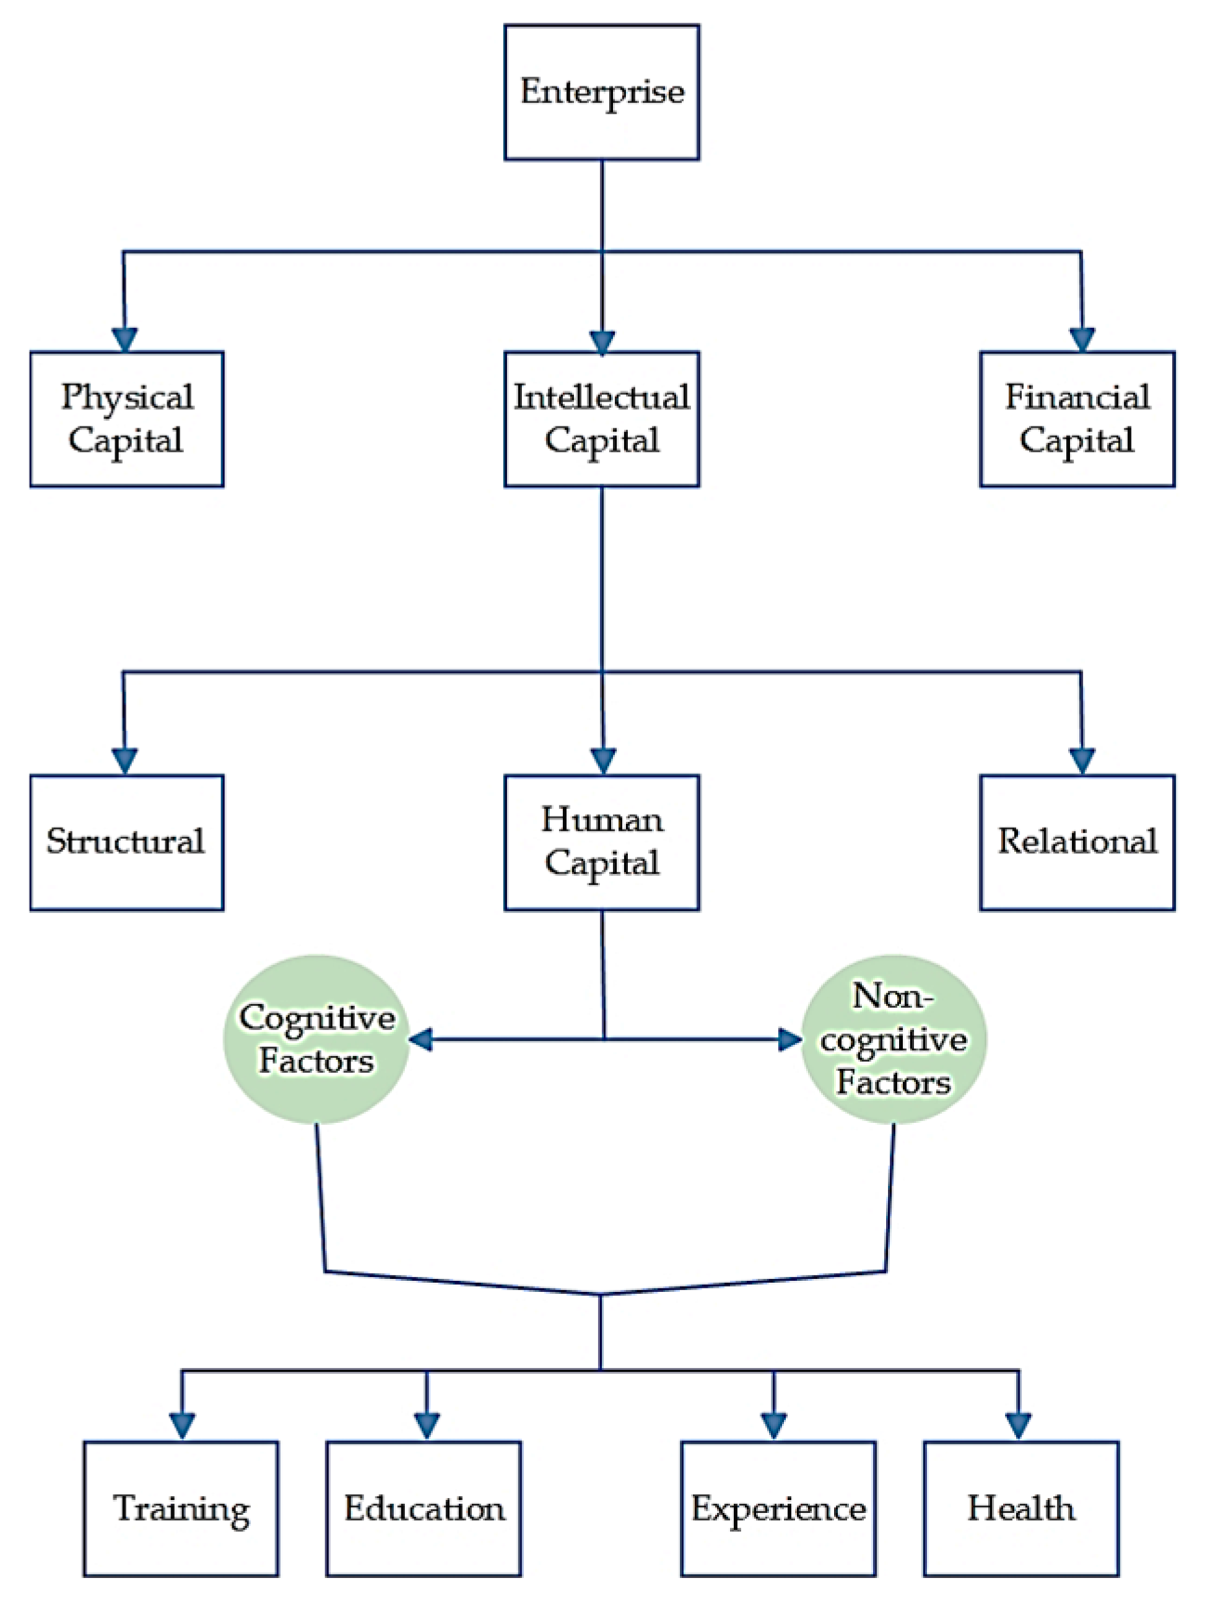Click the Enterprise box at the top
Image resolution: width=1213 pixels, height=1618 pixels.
pos(602,93)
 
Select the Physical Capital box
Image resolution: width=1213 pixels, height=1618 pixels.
pos(127,419)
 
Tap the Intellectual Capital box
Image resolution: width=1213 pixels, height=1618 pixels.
pos(602,419)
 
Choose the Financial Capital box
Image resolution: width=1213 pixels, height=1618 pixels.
pos(1077,419)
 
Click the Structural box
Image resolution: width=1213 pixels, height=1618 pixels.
pos(127,842)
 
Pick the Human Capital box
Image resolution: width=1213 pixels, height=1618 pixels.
pos(602,842)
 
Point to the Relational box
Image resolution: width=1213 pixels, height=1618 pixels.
pos(1077,842)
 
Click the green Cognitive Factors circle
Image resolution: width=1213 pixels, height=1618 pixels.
pos(317,1039)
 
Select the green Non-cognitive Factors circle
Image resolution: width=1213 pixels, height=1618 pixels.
pos(893,1039)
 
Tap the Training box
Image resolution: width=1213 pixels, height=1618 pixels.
pos(181,1508)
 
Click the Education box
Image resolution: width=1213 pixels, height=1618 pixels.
pos(424,1508)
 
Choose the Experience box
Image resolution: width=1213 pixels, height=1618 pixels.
pos(778,1508)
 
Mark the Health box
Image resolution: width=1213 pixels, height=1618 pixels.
pos(1021,1508)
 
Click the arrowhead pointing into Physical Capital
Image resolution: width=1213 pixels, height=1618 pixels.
pos(124,339)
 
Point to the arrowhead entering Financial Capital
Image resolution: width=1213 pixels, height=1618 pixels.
pos(1082,339)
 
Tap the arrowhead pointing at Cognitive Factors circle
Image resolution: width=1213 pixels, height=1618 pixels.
pos(421,1039)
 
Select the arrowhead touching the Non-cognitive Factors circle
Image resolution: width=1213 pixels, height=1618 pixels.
pos(790,1039)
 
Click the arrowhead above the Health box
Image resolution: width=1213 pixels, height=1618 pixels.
pos(1019,1426)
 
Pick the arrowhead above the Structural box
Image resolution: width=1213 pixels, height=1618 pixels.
pos(124,761)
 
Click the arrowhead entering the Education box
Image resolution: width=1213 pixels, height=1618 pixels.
pos(427,1426)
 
